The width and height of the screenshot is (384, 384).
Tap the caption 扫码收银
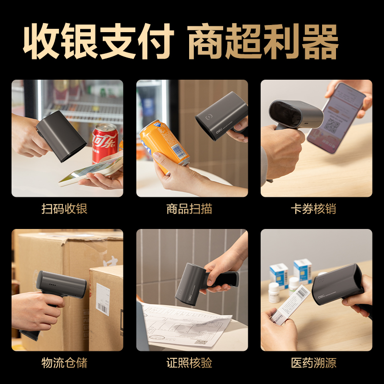67,210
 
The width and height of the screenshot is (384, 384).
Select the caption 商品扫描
192,210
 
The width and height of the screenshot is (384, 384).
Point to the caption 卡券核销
316,210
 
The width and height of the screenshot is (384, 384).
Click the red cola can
105,142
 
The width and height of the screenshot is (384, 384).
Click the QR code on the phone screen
333,126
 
